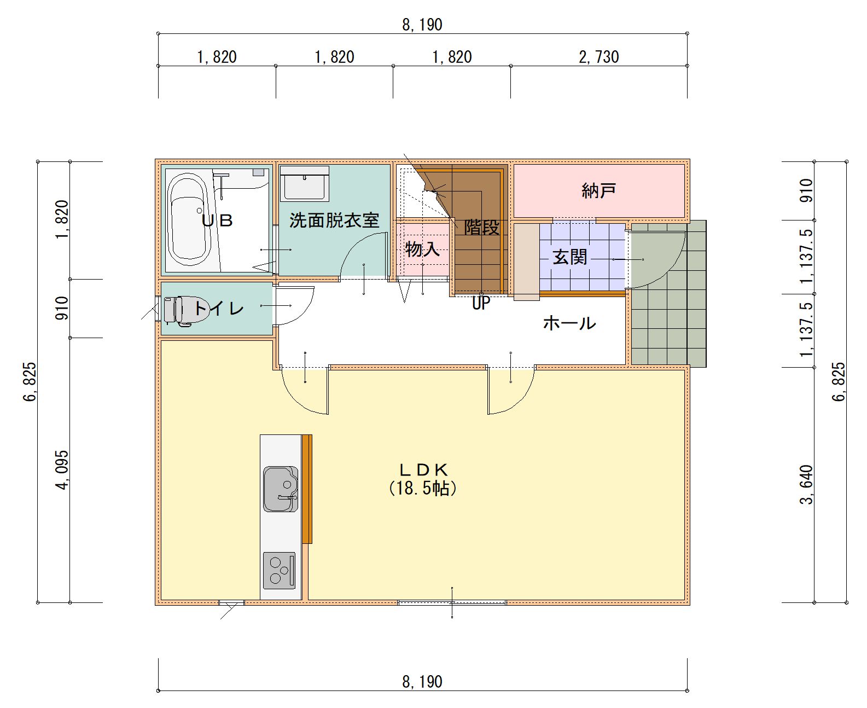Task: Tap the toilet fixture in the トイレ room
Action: [178, 311]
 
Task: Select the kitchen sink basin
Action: [281, 489]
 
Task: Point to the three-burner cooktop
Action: [280, 570]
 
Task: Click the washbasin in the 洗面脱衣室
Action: [304, 184]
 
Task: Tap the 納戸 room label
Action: [598, 191]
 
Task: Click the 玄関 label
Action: [570, 257]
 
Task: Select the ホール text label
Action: [569, 323]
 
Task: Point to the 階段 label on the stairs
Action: [482, 228]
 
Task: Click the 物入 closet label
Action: [422, 249]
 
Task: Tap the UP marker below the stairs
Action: [481, 304]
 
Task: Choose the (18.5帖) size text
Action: [423, 489]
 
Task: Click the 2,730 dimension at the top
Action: [598, 57]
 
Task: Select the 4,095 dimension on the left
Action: [62, 470]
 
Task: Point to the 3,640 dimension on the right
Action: [806, 484]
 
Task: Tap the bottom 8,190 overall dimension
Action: [422, 682]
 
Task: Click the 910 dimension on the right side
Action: [806, 190]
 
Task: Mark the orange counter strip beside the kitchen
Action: [307, 489]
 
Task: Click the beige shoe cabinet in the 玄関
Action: [527, 262]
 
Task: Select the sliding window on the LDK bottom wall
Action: [452, 603]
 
